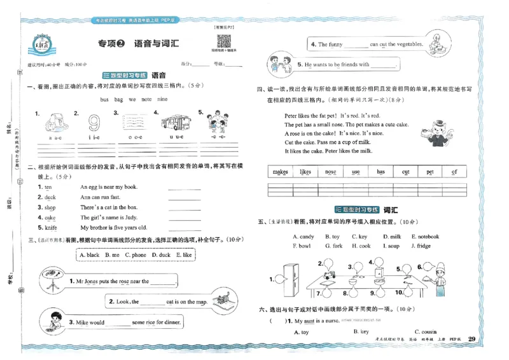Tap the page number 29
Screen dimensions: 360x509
tap(471, 338)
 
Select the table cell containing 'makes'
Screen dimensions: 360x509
tap(280, 172)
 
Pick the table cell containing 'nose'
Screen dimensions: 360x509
tap(330, 172)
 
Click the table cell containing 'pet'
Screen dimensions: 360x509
tap(430, 172)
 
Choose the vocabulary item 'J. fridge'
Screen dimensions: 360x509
tap(421, 246)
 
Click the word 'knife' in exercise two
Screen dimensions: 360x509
tap(51, 227)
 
